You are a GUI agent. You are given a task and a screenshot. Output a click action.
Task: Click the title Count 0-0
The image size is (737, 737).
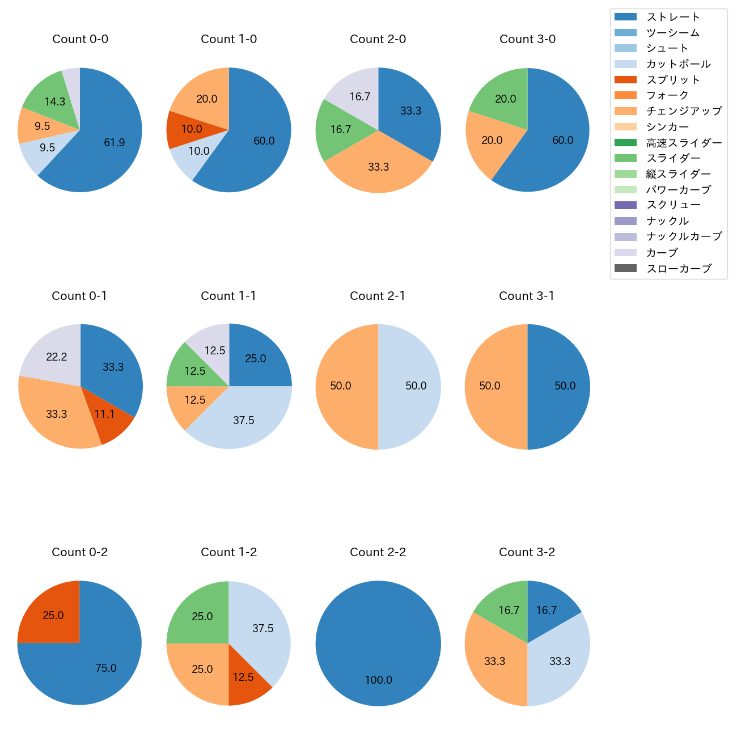pyautogui.click(x=80, y=39)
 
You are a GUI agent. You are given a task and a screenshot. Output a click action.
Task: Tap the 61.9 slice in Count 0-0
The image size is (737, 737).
pyautogui.click(x=111, y=139)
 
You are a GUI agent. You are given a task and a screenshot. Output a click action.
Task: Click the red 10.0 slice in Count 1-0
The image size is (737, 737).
pyautogui.click(x=190, y=129)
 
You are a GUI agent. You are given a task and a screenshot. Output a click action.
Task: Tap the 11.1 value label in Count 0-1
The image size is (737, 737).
pyautogui.click(x=105, y=414)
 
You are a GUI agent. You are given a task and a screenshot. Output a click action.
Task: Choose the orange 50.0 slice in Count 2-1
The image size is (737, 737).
pyautogui.click(x=343, y=386)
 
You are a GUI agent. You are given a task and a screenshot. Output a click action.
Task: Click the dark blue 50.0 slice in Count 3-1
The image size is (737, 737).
pyautogui.click(x=561, y=386)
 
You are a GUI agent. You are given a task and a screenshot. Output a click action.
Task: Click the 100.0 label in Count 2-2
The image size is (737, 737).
pyautogui.click(x=378, y=680)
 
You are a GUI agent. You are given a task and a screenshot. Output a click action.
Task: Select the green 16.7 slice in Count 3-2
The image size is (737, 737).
pyautogui.click(x=507, y=609)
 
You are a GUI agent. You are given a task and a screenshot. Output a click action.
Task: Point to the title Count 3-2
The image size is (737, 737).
pyautogui.click(x=527, y=552)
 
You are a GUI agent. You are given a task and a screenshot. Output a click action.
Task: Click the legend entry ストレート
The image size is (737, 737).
pyautogui.click(x=673, y=17)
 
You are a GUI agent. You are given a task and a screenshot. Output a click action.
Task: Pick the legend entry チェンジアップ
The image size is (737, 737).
pyautogui.click(x=684, y=111)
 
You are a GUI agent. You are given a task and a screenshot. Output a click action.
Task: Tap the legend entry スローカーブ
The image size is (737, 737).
pyautogui.click(x=679, y=269)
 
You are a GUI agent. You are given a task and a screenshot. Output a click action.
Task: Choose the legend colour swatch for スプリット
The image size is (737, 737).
pyautogui.click(x=625, y=80)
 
